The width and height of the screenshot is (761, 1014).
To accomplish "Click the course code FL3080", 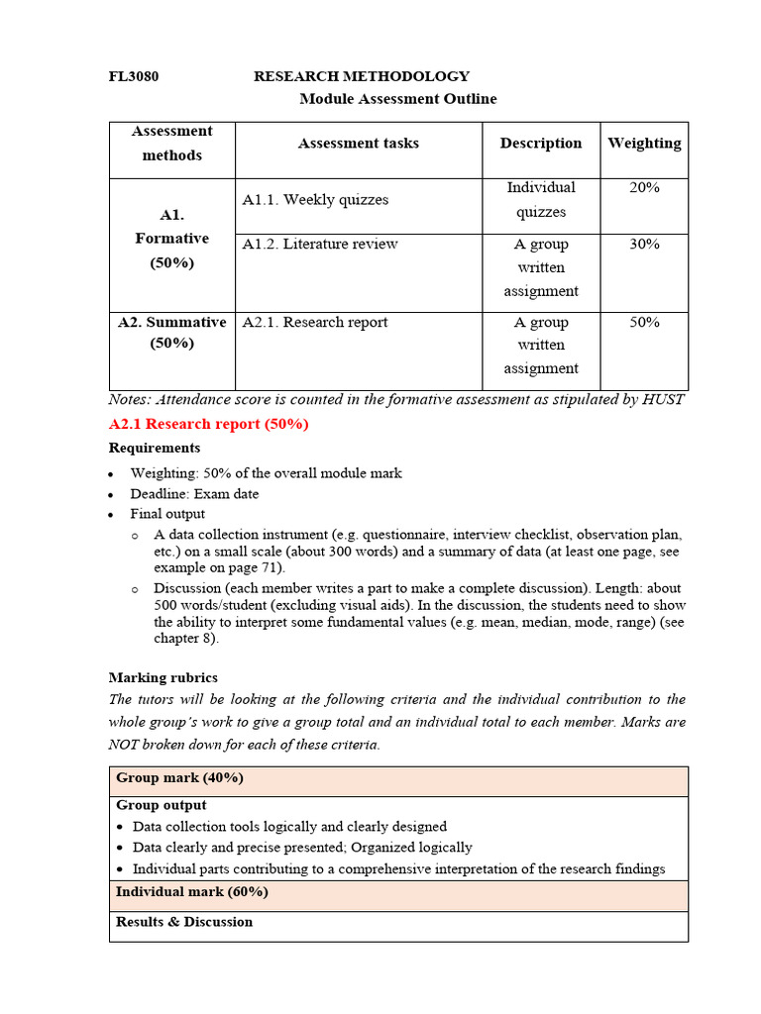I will [133, 76].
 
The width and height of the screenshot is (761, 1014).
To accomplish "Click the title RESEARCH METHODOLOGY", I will [362, 76].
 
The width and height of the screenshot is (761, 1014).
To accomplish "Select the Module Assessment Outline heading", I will [397, 99].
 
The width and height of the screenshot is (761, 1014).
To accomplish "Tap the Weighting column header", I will [644, 144].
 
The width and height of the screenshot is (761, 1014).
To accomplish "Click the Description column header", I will [541, 144].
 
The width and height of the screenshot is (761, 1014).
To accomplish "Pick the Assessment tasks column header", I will [358, 144].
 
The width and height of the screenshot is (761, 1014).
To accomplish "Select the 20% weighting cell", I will [644, 188].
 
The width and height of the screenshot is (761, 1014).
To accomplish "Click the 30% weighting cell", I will [644, 245].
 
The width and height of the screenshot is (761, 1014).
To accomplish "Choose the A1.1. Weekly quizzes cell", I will [315, 200].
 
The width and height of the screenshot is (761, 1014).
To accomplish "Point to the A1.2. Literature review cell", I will [320, 245].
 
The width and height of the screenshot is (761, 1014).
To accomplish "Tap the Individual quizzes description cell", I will [541, 200].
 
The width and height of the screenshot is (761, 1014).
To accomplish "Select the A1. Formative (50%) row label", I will [171, 239].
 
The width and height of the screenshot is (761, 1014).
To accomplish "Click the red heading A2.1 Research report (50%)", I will [208, 424].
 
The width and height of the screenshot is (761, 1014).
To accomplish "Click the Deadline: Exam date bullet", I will [194, 494].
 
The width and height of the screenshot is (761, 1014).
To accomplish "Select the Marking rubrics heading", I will [163, 678].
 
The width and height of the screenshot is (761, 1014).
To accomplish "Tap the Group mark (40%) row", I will [179, 778].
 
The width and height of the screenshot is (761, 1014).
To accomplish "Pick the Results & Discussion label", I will [184, 922].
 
